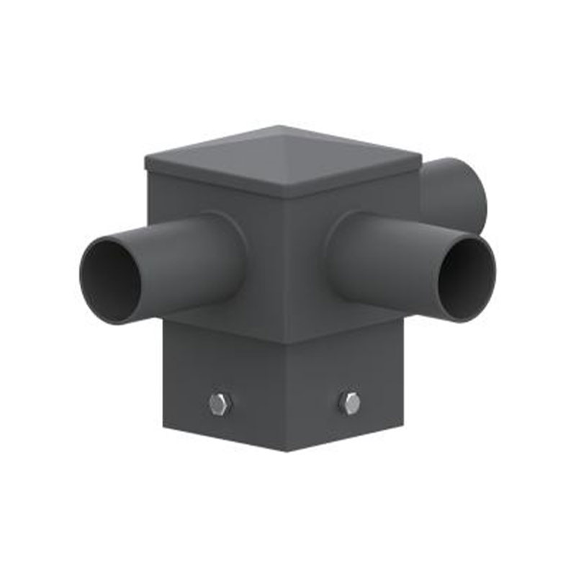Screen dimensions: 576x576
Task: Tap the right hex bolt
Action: [x=349, y=403]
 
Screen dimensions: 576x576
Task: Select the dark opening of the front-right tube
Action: [x=467, y=279]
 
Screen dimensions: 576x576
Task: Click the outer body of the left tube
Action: [x=173, y=252]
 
